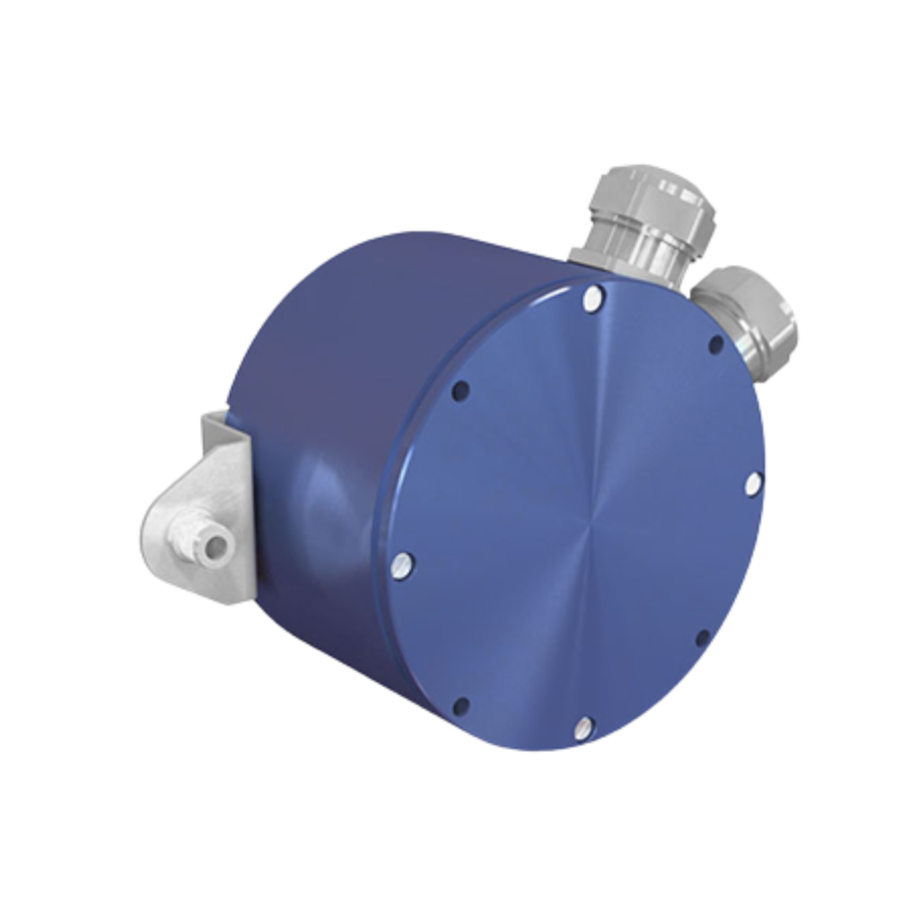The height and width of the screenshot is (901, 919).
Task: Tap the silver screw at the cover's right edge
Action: [x=752, y=485]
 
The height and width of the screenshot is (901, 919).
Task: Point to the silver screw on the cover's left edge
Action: [x=402, y=564]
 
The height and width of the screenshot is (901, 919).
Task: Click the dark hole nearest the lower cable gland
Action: [x=715, y=345]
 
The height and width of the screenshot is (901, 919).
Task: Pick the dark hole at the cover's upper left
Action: [x=460, y=390]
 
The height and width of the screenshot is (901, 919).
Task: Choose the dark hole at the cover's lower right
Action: [x=703, y=638]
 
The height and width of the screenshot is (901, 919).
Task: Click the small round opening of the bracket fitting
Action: [x=214, y=545]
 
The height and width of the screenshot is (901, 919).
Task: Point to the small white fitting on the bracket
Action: [x=204, y=538]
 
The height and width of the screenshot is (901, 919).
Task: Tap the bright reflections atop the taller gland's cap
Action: [x=664, y=179]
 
